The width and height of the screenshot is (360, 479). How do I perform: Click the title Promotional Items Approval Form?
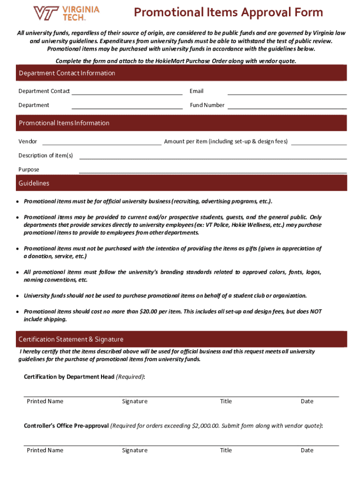[228, 12]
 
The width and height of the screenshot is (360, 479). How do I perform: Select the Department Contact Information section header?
[67, 73]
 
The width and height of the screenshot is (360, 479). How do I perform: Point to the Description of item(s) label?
[46, 155]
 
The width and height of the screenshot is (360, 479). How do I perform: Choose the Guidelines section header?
[34, 183]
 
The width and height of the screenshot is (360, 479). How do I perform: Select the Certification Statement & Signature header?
[71, 339]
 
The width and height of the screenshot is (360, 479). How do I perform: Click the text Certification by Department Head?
[69, 377]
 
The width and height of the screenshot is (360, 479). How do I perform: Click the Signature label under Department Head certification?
[135, 401]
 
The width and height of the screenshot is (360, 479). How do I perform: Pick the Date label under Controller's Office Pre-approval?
[307, 450]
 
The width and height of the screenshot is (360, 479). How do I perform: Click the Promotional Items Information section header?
[64, 123]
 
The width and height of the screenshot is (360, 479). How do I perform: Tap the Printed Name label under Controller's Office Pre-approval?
[45, 450]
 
